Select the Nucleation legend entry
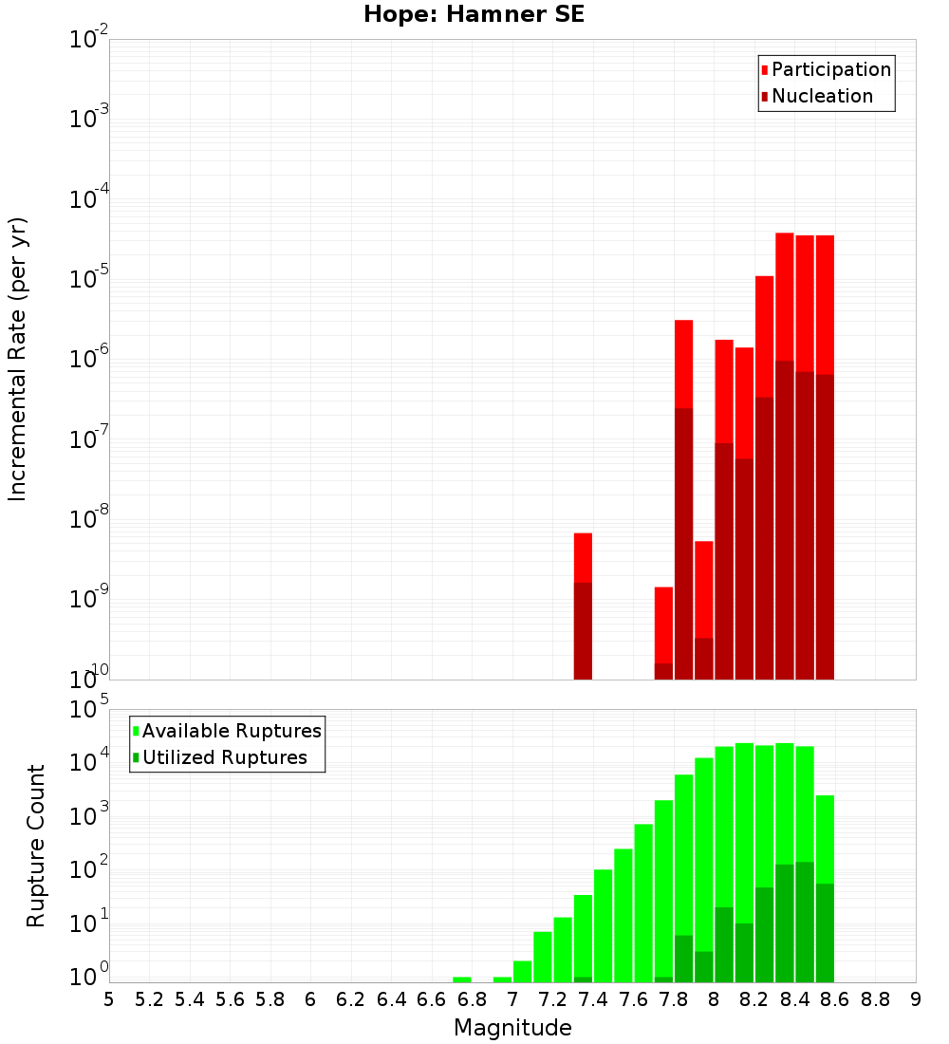821,96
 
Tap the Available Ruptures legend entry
231,731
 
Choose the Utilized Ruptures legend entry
224,757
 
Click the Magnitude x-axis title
512,1028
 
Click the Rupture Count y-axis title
36,846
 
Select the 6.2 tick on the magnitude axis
351,999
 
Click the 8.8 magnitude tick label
875,999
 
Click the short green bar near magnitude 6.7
462,979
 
